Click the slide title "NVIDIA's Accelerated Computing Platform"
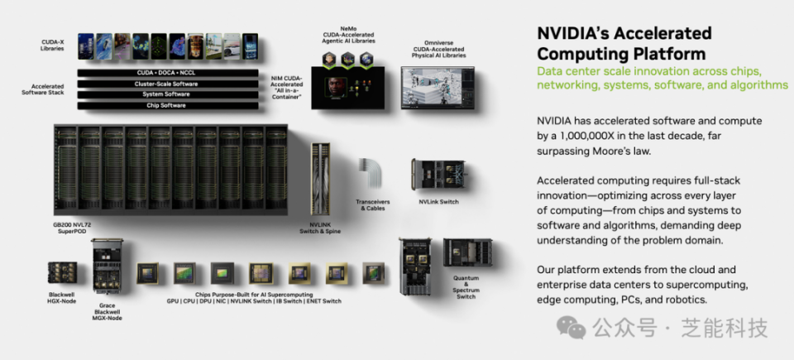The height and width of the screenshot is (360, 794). pyautogui.click(x=624, y=43)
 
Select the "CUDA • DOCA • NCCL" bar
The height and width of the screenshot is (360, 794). pyautogui.click(x=168, y=73)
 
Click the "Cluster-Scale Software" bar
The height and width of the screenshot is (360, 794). pyautogui.click(x=168, y=84)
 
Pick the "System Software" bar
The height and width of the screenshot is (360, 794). pyautogui.click(x=168, y=94)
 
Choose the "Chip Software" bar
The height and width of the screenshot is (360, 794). pyautogui.click(x=168, y=105)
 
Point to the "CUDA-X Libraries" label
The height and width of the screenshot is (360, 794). pyautogui.click(x=53, y=45)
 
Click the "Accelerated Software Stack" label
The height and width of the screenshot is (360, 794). pyautogui.click(x=47, y=89)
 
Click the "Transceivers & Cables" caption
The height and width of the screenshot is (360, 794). pyautogui.click(x=372, y=204)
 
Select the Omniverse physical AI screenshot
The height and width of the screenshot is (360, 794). pyautogui.click(x=438, y=87)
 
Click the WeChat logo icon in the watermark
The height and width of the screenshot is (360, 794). pyautogui.click(x=571, y=327)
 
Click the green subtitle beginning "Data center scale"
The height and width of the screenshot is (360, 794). pyautogui.click(x=662, y=78)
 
